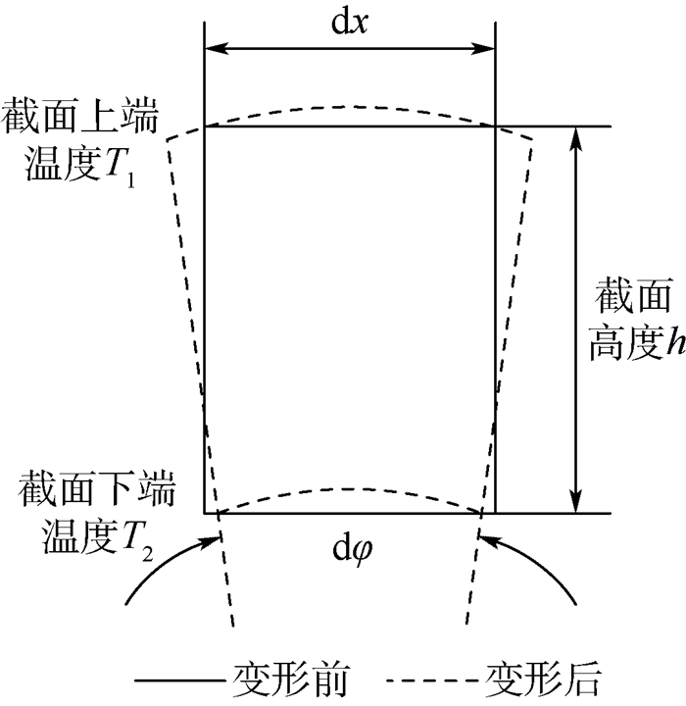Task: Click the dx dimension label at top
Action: [x=348, y=20]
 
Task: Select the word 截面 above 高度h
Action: [x=630, y=295]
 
